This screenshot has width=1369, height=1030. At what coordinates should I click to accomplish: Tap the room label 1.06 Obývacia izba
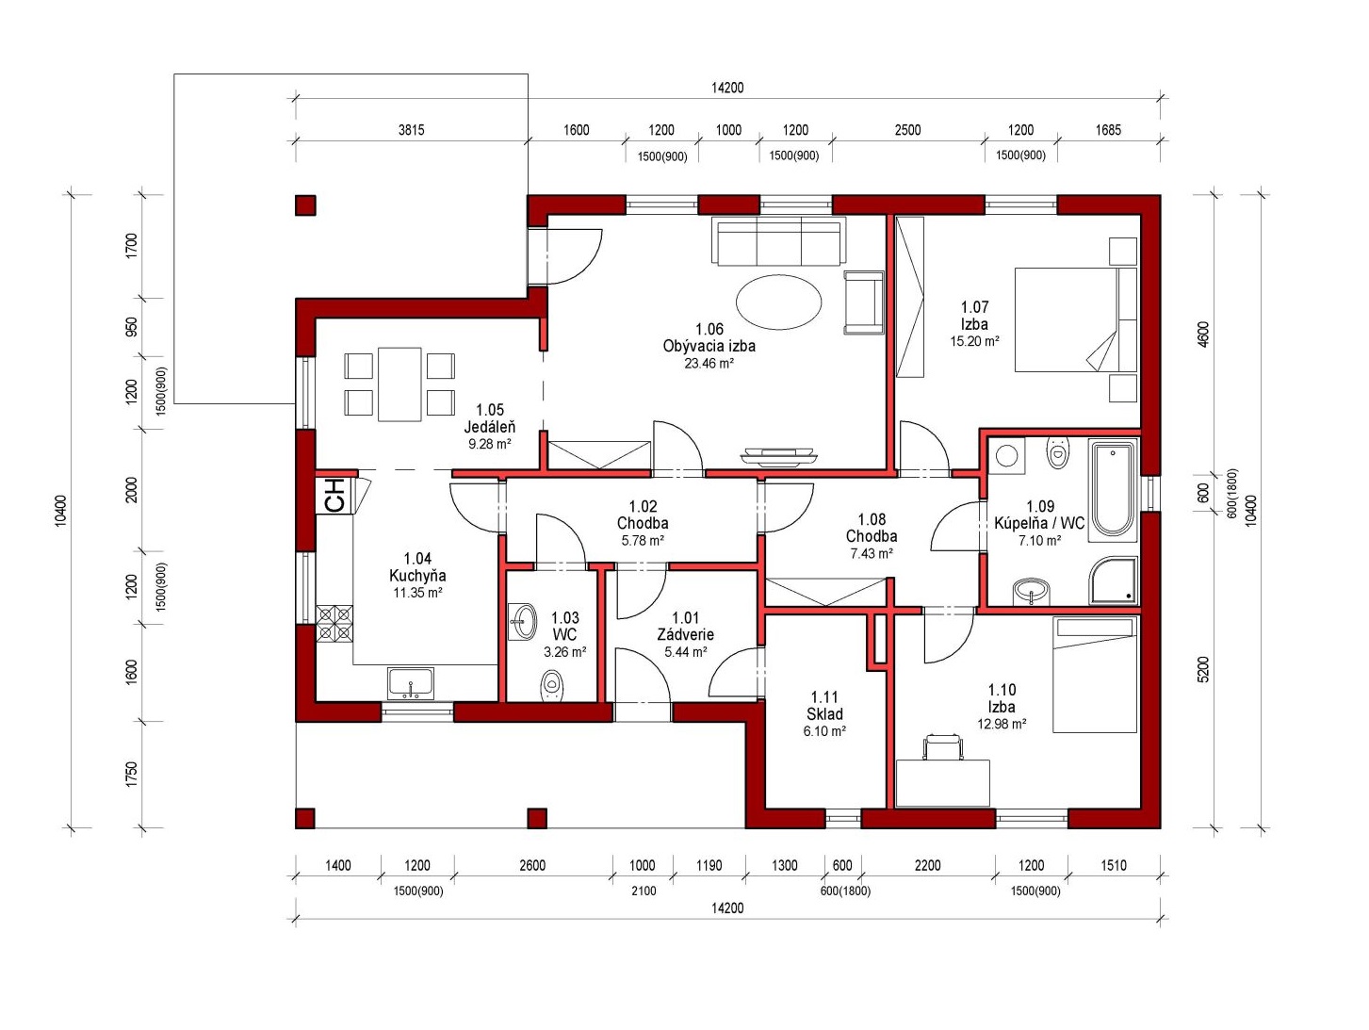[709, 337]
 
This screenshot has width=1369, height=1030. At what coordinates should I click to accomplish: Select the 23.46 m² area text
[709, 363]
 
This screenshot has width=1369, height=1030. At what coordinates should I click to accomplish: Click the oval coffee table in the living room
[778, 302]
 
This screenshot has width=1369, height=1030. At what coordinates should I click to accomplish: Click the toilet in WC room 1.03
[551, 686]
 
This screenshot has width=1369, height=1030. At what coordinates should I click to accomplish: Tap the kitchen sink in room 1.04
[411, 684]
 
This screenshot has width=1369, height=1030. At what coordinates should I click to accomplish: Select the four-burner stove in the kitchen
[334, 624]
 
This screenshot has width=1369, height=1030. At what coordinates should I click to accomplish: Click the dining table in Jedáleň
[399, 384]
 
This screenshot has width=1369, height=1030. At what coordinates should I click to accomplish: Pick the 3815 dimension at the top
[411, 130]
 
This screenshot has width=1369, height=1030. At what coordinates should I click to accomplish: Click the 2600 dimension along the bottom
[532, 865]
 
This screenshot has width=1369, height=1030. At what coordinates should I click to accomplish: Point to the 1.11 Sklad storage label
[824, 706]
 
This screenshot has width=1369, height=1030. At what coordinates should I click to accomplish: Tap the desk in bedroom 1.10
[942, 783]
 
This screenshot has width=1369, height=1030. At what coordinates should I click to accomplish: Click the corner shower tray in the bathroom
[1114, 580]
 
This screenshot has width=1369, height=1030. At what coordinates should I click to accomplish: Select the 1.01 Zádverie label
[685, 627]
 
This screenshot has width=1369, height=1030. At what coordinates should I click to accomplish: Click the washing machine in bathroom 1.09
[1006, 455]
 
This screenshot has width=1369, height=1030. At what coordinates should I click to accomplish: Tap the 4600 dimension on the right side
[1203, 335]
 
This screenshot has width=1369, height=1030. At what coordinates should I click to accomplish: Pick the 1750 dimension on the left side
[132, 775]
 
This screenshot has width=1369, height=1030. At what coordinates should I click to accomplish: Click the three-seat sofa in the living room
[779, 241]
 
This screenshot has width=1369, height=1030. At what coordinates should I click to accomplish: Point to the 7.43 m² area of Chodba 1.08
[872, 553]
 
